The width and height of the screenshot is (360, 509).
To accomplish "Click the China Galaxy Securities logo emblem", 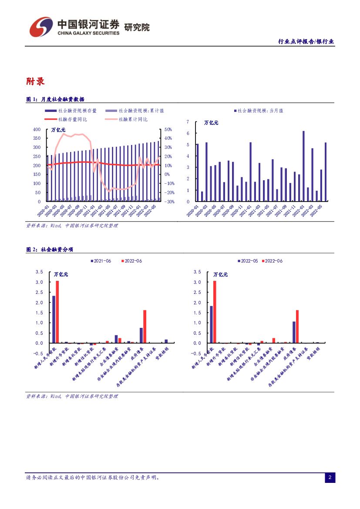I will pyautogui.click(x=41, y=27).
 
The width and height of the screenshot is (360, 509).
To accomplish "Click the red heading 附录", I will pyautogui.click(x=35, y=81).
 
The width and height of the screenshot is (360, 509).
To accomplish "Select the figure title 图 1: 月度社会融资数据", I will pyautogui.click(x=55, y=99).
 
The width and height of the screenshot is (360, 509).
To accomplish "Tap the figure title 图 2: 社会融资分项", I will pyautogui.click(x=50, y=249).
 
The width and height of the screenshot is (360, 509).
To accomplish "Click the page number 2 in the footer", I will pyautogui.click(x=330, y=478).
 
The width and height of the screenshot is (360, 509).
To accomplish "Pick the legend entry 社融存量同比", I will pyautogui.click(x=72, y=119).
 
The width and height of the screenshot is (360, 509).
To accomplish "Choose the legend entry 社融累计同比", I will pyautogui.click(x=133, y=119).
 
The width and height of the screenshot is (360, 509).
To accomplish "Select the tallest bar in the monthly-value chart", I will pyautogui.click(x=303, y=166).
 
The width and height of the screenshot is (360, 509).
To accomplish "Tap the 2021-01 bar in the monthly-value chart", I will pyautogui.click(x=250, y=172).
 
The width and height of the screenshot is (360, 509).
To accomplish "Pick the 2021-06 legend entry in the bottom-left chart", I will pyautogui.click(x=101, y=261).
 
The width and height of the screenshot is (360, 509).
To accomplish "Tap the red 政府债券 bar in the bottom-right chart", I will pyautogui.click(x=297, y=327).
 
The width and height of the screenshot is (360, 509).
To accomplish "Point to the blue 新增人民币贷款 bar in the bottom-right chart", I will pyautogui.click(x=211, y=324).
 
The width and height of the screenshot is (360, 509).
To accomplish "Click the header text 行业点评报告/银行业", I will pyautogui.click(x=306, y=41).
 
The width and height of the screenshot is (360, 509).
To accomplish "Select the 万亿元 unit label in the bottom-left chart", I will pyautogui.click(x=61, y=275).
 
